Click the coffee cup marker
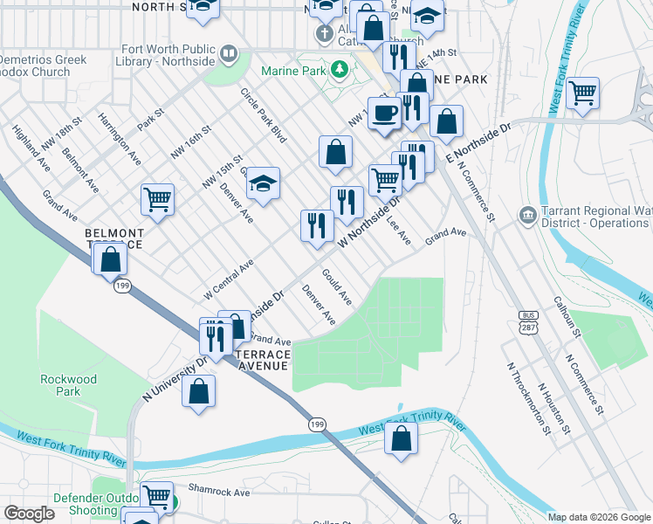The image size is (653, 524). coord(384,113)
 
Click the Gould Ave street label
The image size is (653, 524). coord(336,287)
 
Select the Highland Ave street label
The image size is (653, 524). coord(31,146)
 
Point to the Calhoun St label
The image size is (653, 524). coord(567,314)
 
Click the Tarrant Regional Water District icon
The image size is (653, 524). coord(527,215)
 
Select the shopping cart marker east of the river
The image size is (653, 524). coord(582,92)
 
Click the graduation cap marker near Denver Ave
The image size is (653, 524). coord(262,183)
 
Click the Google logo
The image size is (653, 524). coord(28,514)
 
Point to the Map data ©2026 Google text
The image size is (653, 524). coord(598,517)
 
